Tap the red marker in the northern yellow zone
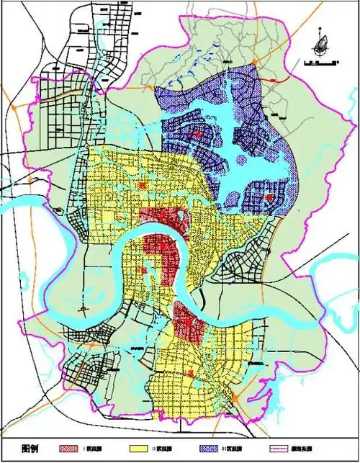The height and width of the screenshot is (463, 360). click(x=143, y=186)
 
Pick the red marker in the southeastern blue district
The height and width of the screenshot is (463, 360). click(x=268, y=197)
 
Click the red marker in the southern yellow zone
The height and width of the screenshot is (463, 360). click(x=190, y=373)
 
